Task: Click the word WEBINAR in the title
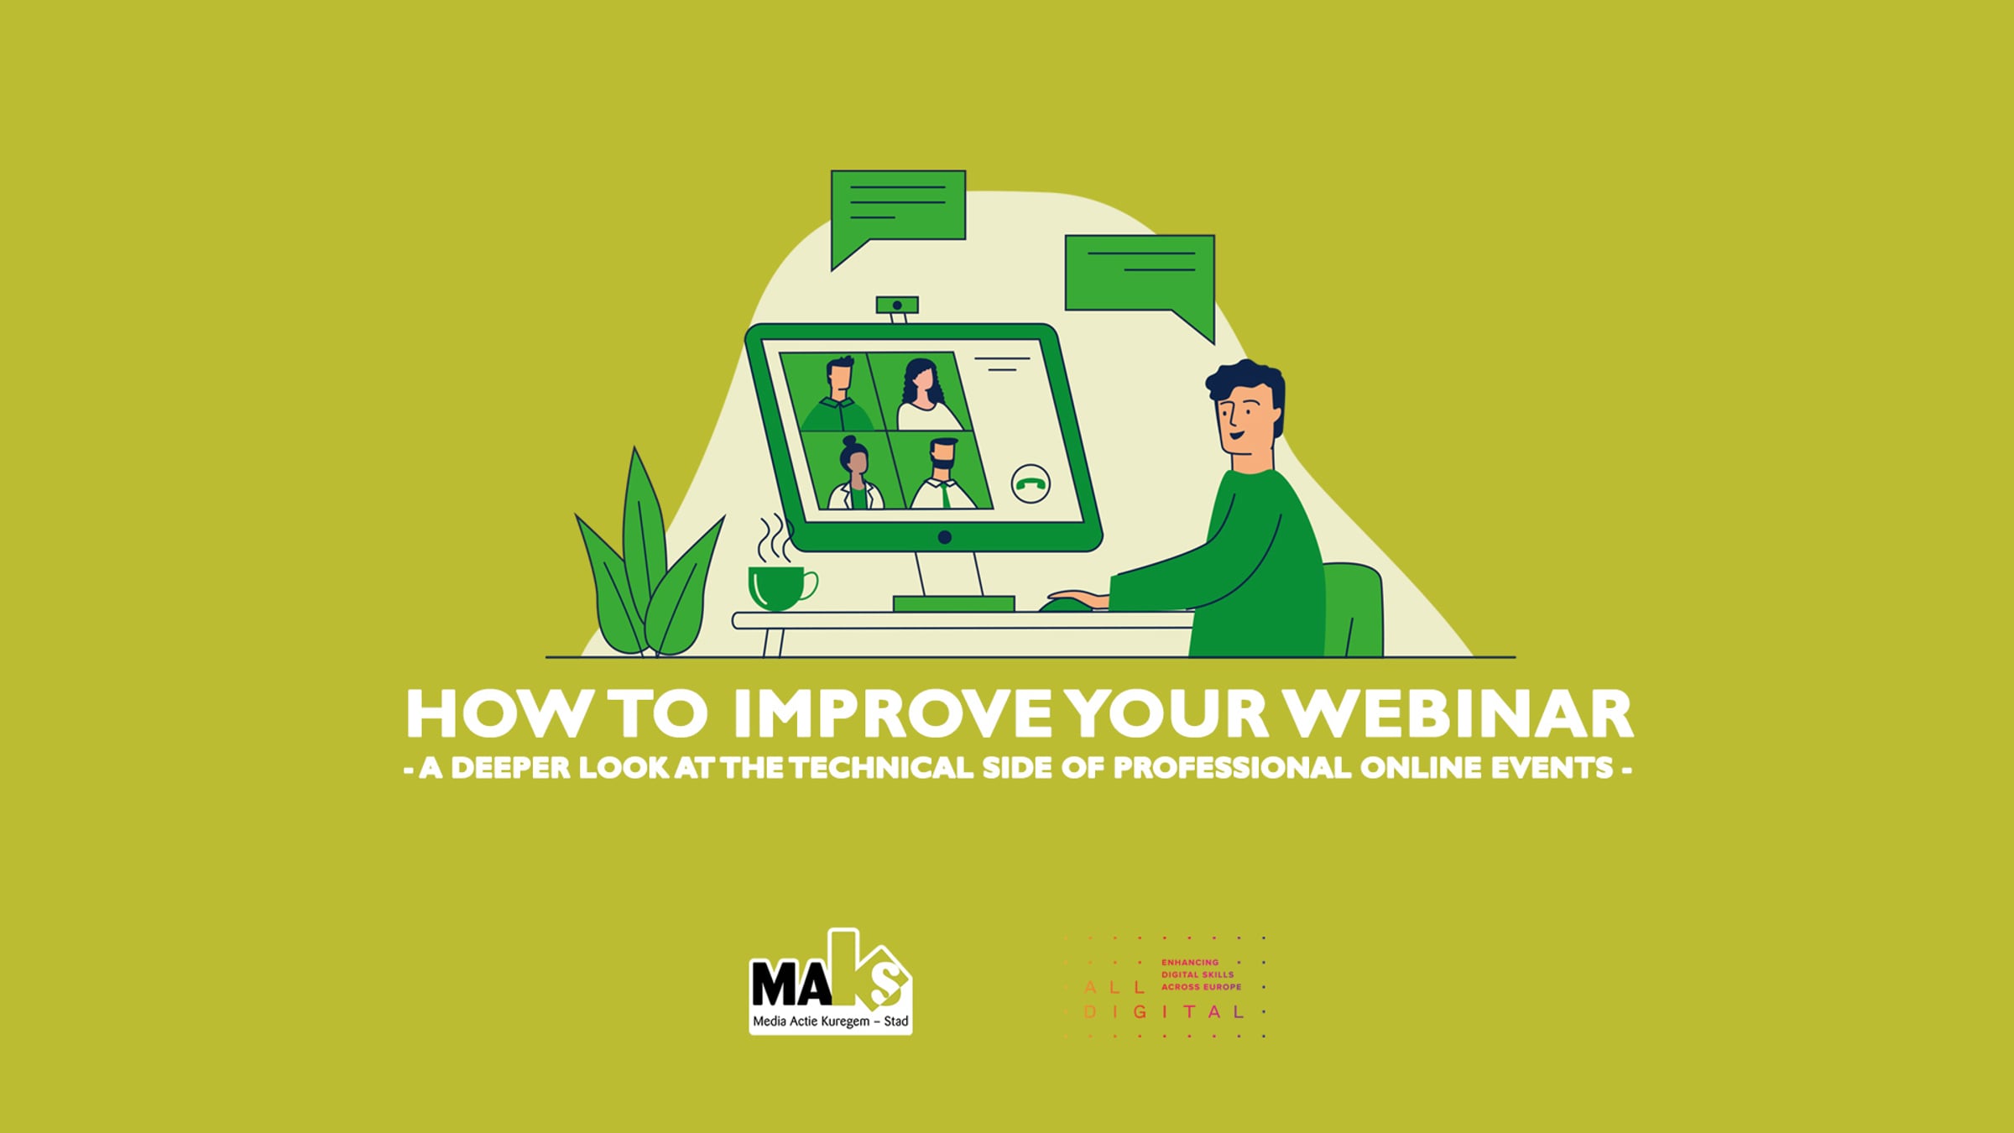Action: pyautogui.click(x=1461, y=714)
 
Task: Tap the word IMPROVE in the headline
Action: pyautogui.click(x=891, y=714)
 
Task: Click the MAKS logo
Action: pyautogui.click(x=830, y=982)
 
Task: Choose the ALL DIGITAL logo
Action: pyautogui.click(x=1164, y=987)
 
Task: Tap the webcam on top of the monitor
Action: pyautogui.click(x=897, y=307)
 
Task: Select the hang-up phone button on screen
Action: pyautogui.click(x=1030, y=484)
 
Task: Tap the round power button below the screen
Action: pyautogui.click(x=945, y=537)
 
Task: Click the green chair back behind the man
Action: pyautogui.click(x=1355, y=609)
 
